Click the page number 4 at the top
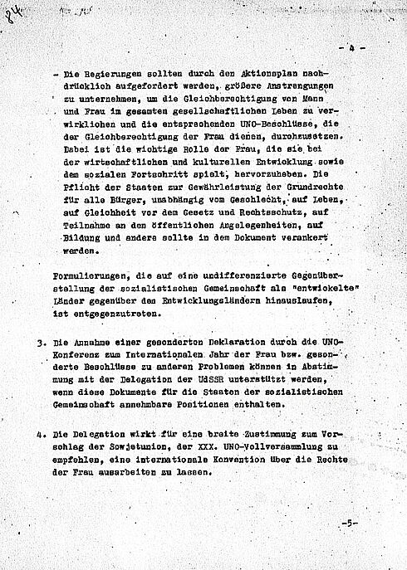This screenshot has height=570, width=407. point(351,50)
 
